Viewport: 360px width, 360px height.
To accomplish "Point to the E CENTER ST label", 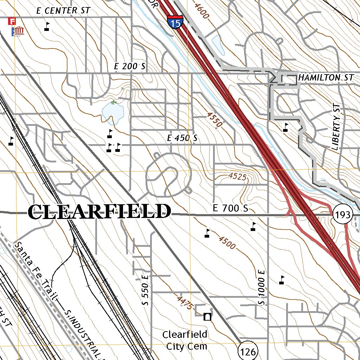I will tap(63, 11).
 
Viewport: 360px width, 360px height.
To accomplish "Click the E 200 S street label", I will tap(130, 66).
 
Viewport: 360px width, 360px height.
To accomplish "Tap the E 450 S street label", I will tap(182, 139).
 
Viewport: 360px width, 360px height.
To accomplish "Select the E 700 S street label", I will tap(231, 208).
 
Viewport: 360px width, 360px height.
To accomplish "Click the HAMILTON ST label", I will tap(325, 78).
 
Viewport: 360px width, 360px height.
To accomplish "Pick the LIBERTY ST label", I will tap(336, 127).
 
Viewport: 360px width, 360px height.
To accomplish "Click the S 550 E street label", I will tap(146, 290).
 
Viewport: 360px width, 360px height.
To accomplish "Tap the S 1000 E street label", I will tap(261, 287).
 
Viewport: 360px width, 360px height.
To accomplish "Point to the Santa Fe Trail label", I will tap(35, 271).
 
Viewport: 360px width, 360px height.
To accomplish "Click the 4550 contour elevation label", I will tap(215, 120).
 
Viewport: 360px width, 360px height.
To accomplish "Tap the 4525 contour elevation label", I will tap(237, 176).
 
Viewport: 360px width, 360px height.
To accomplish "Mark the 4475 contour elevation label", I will tap(185, 303).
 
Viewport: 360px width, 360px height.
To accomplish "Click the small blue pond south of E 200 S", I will tap(112, 114).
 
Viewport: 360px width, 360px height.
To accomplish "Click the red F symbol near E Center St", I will tap(13, 21).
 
